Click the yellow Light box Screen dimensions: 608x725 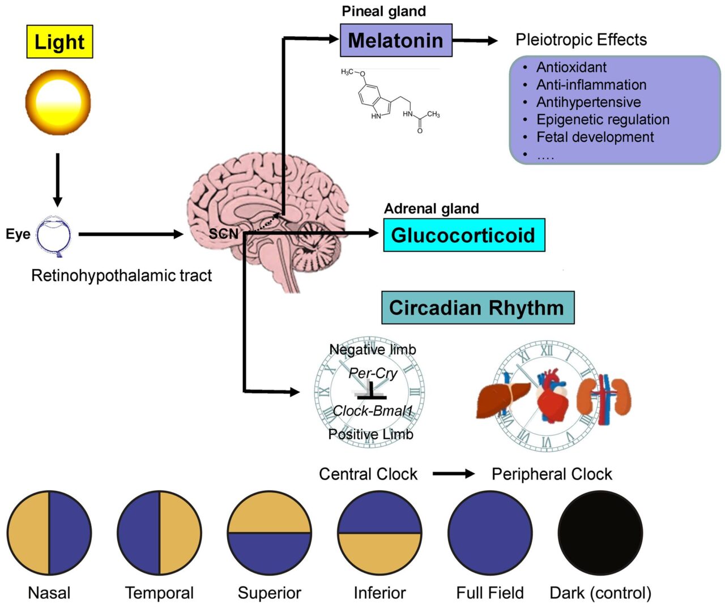pyautogui.click(x=59, y=42)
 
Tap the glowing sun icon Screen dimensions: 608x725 pyautogui.click(x=58, y=102)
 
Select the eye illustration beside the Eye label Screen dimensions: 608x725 pyautogui.click(x=54, y=234)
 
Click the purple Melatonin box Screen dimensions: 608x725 pyautogui.click(x=396, y=40)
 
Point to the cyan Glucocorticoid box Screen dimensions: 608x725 pyautogui.click(x=463, y=235)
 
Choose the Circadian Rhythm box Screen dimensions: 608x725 pyautogui.click(x=477, y=308)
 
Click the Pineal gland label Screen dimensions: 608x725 pyautogui.click(x=383, y=11)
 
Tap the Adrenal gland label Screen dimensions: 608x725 pyautogui.click(x=431, y=209)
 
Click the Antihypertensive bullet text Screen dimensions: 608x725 pyautogui.click(x=588, y=102)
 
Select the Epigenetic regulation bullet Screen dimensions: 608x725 pyautogui.click(x=603, y=120)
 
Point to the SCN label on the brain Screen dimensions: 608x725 pyautogui.click(x=223, y=234)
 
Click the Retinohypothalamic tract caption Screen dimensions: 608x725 pyautogui.click(x=121, y=276)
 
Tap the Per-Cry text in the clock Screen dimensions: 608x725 pyautogui.click(x=373, y=373)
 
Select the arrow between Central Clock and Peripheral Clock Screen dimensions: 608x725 pyautogui.click(x=454, y=474)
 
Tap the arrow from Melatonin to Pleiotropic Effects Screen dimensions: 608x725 pyautogui.click(x=475, y=41)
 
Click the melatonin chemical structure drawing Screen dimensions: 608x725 pyautogui.click(x=391, y=101)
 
